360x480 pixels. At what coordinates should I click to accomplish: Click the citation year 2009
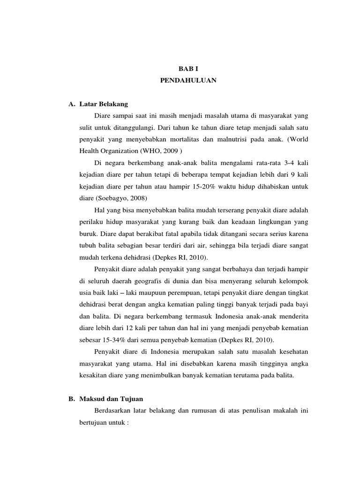click(x=172, y=150)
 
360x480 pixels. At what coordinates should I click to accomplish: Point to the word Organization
click(x=117, y=150)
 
